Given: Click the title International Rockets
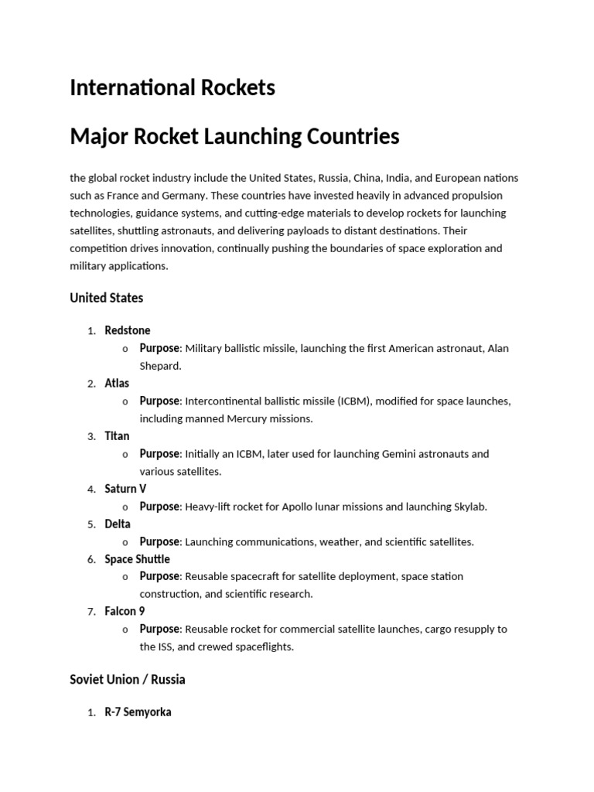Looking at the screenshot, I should (x=172, y=88).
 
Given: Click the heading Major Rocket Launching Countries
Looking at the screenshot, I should (x=234, y=137).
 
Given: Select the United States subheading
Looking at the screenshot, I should (x=106, y=298).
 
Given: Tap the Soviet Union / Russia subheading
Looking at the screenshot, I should (x=128, y=680).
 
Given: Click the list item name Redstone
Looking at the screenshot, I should (x=128, y=330).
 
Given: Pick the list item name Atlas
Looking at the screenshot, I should (x=117, y=383).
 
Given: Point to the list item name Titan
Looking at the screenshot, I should (x=117, y=436).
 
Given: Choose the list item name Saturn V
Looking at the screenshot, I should (x=125, y=489).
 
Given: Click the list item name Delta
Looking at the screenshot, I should (x=118, y=524).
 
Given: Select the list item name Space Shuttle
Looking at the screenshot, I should (x=137, y=559).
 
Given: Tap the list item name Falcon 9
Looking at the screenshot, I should (x=125, y=612).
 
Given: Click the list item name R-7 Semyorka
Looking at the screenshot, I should (x=138, y=712).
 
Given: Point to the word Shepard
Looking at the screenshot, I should (x=159, y=366).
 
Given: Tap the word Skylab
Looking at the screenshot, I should (x=469, y=507).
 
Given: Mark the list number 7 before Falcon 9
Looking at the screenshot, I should (x=90, y=612).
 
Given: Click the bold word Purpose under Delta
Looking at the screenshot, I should (x=159, y=541).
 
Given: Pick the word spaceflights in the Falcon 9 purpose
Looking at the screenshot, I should (x=264, y=647).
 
